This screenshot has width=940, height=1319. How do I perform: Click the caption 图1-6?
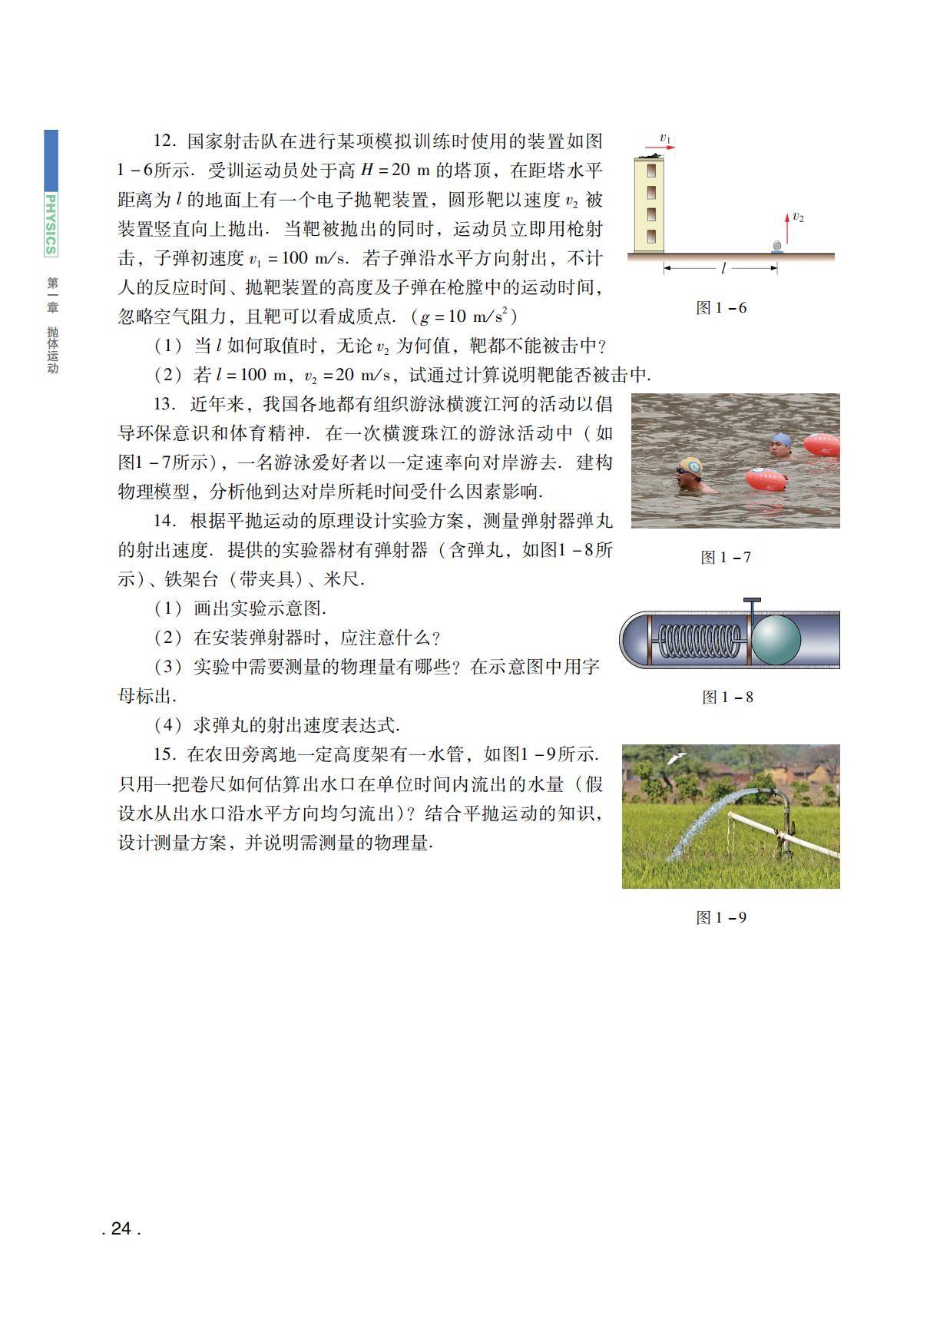720,308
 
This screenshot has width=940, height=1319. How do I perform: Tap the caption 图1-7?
725,558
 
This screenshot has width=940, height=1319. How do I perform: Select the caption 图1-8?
727,698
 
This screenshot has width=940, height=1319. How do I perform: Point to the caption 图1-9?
720,918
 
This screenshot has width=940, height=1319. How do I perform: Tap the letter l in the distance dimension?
723,269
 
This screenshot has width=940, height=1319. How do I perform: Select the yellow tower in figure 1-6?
650,205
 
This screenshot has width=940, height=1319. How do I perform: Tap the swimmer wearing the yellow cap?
690,476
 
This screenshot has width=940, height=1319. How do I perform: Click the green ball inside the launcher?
775,639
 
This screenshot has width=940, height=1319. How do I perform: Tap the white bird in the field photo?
676,757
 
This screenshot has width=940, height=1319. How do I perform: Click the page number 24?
121,1229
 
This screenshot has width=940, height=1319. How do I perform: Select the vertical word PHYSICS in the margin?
51,224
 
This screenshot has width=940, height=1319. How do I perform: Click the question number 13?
164,405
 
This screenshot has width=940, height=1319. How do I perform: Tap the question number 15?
164,755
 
